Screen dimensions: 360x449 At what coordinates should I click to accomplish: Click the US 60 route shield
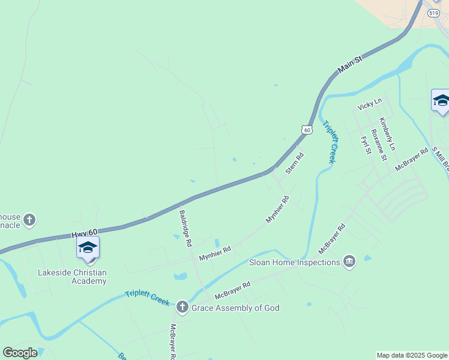[307, 130]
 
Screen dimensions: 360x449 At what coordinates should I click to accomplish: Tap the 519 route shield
[434, 12]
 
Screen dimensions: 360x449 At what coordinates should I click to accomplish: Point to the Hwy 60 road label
[84, 232]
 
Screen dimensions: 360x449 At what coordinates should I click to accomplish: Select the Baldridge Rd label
[185, 228]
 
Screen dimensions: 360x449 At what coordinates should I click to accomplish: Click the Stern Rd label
[294, 163]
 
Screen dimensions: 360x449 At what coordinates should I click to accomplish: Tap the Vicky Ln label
[369, 104]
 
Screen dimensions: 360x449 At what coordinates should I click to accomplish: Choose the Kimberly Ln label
[387, 134]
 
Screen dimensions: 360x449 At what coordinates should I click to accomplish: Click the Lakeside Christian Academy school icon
[88, 248]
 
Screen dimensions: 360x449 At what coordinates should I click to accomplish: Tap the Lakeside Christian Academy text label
[72, 277]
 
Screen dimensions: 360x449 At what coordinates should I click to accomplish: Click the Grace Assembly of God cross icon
[182, 308]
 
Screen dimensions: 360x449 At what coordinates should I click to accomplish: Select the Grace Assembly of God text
[235, 308]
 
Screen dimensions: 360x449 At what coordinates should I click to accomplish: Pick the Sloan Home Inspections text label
[295, 262]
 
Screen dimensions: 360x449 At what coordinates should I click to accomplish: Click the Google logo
[20, 353]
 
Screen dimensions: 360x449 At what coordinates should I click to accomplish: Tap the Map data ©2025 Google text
[412, 355]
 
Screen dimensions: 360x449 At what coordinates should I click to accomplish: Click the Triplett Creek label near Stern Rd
[329, 142]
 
